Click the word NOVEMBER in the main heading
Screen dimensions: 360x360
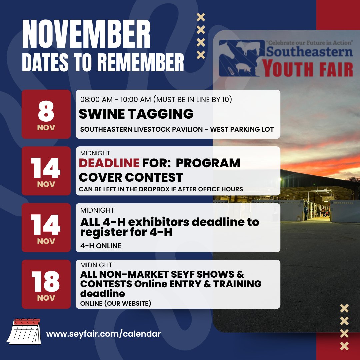coord(86,35)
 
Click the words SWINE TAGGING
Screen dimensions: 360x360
coord(136,114)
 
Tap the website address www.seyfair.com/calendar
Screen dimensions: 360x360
coord(103,334)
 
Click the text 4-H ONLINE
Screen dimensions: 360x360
coord(101,246)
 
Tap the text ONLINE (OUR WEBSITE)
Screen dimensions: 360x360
coord(116,303)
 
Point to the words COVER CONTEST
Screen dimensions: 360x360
coord(131,177)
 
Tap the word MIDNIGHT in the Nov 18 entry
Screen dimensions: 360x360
coord(96,265)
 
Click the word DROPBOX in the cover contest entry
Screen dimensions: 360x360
coord(165,189)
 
